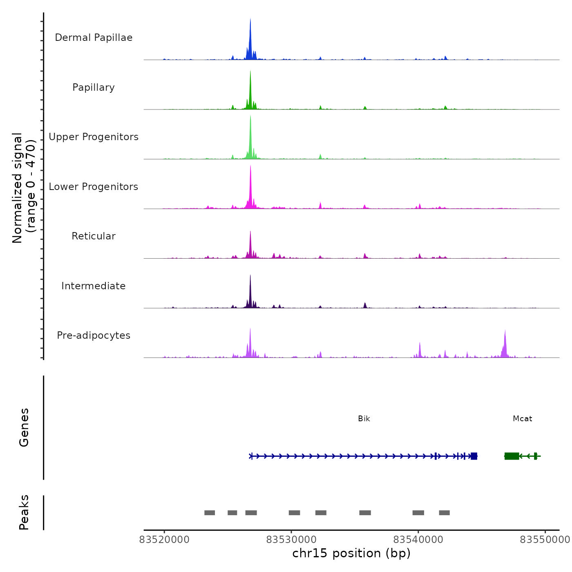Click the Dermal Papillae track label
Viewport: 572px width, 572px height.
coord(94,38)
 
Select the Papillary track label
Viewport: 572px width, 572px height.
coord(94,87)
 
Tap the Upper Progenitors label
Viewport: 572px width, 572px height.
coord(94,137)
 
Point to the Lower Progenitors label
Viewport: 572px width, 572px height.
coord(94,187)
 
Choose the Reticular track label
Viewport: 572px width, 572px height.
coord(94,236)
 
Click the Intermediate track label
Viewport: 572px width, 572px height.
coord(94,286)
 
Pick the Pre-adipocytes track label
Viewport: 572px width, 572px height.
coord(94,335)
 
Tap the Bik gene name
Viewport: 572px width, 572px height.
coord(364,419)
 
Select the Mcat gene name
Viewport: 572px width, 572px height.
coord(522,419)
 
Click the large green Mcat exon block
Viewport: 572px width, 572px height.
coord(512,456)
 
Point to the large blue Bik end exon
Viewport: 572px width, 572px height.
coord(474,456)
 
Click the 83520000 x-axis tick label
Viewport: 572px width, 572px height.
coord(164,540)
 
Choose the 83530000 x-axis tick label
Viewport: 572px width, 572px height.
coord(291,540)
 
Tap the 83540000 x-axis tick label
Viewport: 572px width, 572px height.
coord(418,540)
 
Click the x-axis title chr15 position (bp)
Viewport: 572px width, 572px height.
coord(351,553)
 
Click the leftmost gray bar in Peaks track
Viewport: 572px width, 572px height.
coord(210,513)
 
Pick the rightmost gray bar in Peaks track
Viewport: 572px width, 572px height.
coord(444,513)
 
